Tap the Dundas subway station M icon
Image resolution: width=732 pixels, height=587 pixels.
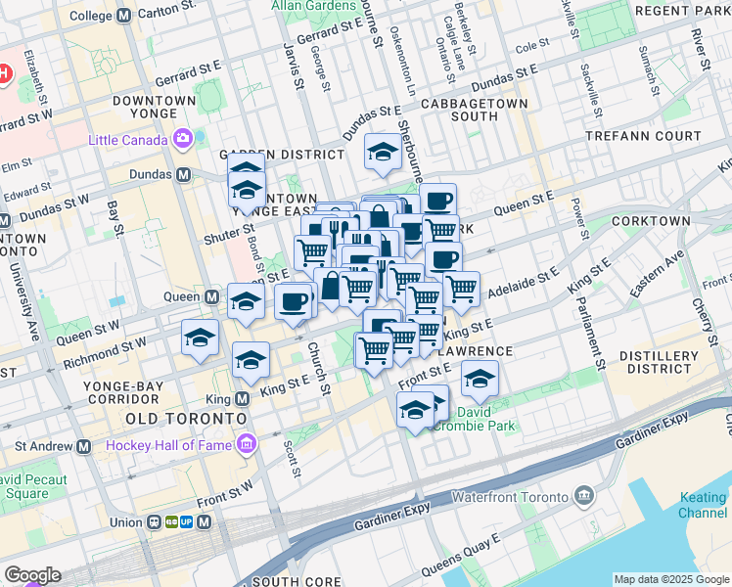click(182, 175)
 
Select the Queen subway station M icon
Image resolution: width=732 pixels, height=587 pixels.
click(211, 296)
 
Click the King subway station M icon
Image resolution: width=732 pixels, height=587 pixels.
click(240, 399)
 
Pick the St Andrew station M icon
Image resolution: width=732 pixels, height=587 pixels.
click(84, 446)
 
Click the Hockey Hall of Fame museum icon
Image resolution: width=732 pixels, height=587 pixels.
click(245, 445)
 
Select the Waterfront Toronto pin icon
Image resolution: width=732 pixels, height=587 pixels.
click(584, 496)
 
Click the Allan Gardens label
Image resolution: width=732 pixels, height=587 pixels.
click(313, 6)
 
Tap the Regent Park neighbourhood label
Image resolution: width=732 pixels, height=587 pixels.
click(682, 11)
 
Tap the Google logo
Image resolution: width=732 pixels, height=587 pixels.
click(31, 574)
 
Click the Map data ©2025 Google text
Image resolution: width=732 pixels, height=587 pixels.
click(670, 579)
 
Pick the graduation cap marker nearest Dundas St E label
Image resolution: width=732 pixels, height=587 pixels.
click(383, 151)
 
